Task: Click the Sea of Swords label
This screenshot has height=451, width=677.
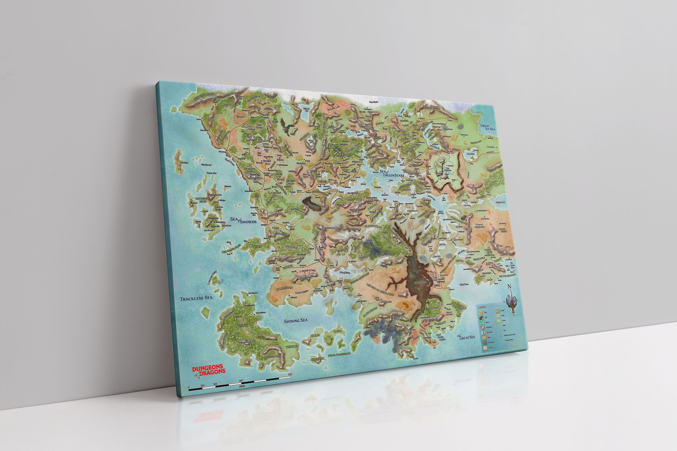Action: pyautogui.click(x=243, y=220)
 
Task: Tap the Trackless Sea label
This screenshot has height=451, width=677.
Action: pyautogui.click(x=196, y=298)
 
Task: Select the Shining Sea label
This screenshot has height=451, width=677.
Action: pyautogui.click(x=296, y=321)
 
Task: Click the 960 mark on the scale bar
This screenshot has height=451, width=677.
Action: pyautogui.click(x=290, y=374)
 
